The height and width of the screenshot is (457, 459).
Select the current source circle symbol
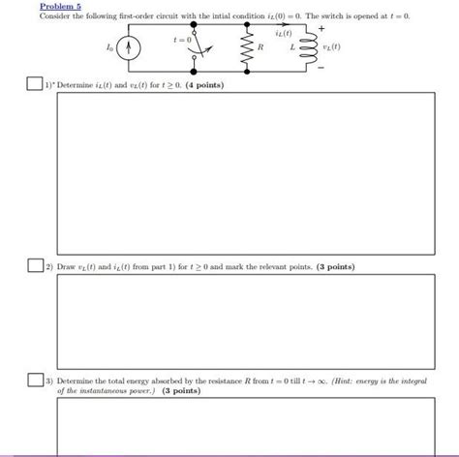point(135,47)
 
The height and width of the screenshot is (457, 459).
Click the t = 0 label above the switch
point(183,41)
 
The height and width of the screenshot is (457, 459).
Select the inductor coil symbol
point(308,47)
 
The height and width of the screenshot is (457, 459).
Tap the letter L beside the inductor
point(291,48)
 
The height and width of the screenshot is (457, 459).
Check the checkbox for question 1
point(34,85)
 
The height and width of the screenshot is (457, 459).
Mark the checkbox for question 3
point(34,381)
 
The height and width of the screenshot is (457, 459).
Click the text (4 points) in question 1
point(203,86)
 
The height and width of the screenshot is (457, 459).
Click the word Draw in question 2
point(67,265)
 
